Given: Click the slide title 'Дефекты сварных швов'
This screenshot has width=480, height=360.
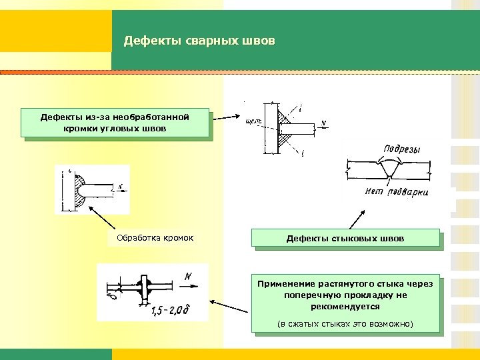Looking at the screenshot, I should point(199,41).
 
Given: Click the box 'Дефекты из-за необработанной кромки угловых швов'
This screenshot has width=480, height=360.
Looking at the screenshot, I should point(115,123).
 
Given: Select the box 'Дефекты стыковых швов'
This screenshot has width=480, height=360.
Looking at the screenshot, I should point(345,238).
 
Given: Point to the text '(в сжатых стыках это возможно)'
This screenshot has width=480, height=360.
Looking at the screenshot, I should point(345,324).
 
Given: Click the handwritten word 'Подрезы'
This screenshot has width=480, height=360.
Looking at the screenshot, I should point(399,149).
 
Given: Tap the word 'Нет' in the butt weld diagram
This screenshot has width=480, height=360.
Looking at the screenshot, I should point(375,191).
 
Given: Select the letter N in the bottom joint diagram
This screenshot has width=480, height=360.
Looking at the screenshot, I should point(189,275).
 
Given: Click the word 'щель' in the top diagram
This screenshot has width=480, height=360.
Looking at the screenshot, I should point(253,121).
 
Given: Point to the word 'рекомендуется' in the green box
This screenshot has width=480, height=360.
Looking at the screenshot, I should point(345,307).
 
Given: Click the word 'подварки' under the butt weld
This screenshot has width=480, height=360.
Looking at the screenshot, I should point(408,192).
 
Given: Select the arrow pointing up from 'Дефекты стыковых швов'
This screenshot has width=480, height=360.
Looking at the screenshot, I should point(353,219).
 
